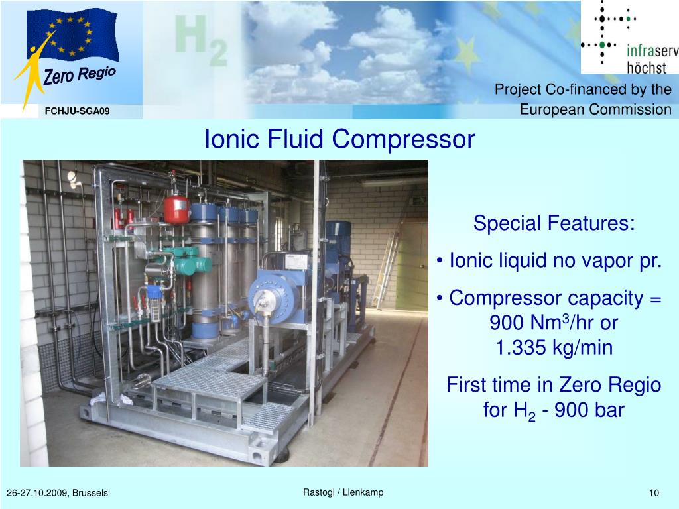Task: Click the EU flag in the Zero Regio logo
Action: tap(73, 34)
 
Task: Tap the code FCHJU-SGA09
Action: tap(77, 111)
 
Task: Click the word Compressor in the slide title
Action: tap(403, 139)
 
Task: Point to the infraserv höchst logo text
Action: tap(652, 59)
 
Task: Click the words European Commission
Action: tap(595, 109)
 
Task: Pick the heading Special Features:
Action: tap(554, 223)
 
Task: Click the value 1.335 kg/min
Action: tap(554, 347)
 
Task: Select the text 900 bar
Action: tap(589, 410)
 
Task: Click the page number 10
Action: tap(654, 492)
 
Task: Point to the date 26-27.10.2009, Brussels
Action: tap(57, 493)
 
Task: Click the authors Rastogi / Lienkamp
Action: tap(343, 492)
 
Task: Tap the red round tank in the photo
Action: tap(176, 209)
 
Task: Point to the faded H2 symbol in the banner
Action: tap(200, 39)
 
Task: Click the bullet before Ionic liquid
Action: tap(440, 261)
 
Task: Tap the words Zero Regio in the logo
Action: tap(80, 75)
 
